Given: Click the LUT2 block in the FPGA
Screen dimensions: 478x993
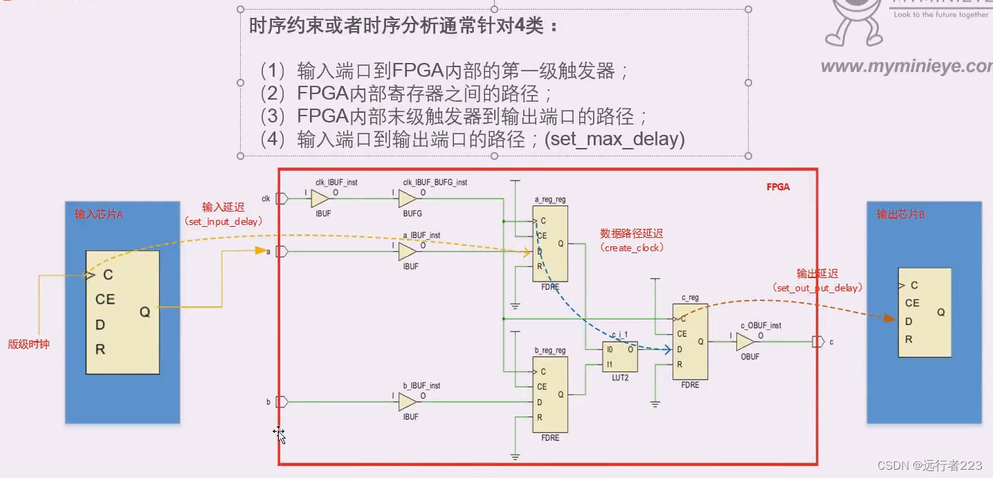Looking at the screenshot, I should click(620, 357).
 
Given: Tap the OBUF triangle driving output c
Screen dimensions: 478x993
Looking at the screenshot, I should click(745, 342).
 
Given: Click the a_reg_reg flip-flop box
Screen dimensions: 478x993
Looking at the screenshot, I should click(549, 243).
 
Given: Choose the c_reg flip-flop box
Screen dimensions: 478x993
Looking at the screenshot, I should click(690, 342).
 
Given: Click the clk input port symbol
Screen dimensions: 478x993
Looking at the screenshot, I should click(282, 199).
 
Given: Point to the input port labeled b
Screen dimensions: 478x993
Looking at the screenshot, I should click(282, 402).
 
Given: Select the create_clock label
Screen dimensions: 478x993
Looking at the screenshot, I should click(632, 247).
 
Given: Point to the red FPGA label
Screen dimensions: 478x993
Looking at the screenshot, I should click(778, 187).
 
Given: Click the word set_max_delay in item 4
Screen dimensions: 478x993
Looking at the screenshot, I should click(614, 140).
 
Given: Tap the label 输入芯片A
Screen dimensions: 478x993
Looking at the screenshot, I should click(99, 214).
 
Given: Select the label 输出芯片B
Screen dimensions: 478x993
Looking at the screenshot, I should click(901, 214).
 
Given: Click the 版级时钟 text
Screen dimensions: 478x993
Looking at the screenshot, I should click(29, 344).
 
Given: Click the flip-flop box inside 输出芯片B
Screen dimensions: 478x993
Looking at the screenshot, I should click(924, 313).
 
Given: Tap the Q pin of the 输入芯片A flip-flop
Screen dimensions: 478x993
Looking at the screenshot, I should click(145, 312).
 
